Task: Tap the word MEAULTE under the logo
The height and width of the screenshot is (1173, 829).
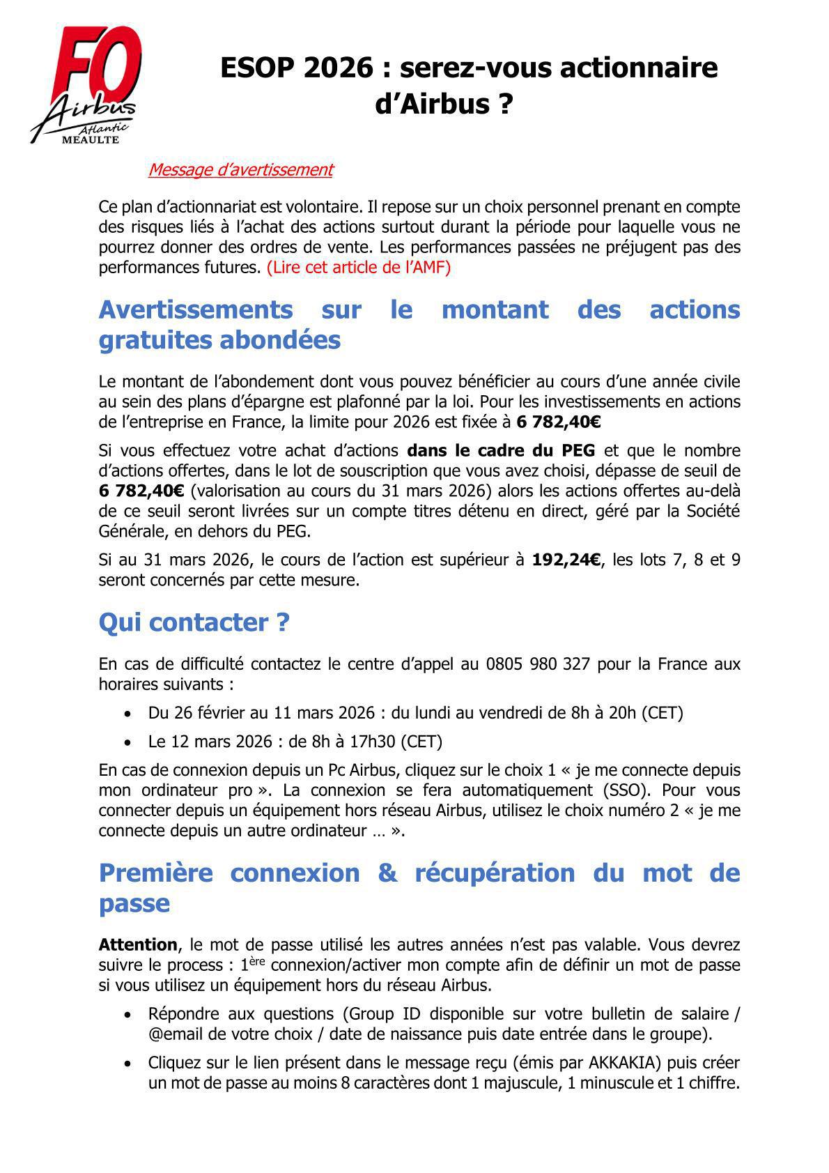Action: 91,139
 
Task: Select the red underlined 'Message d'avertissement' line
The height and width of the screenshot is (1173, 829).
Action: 240,169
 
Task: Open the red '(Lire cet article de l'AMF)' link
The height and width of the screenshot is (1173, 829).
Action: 359,268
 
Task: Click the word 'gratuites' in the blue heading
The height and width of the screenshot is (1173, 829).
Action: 154,340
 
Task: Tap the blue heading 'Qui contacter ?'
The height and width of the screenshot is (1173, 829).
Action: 194,622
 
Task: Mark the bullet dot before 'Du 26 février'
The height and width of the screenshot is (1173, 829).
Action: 127,714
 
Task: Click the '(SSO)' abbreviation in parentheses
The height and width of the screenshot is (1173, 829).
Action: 616,790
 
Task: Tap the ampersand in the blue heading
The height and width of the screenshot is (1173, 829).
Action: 387,873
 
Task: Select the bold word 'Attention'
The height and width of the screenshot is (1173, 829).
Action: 138,945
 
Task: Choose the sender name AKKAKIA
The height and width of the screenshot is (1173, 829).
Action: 619,1064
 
